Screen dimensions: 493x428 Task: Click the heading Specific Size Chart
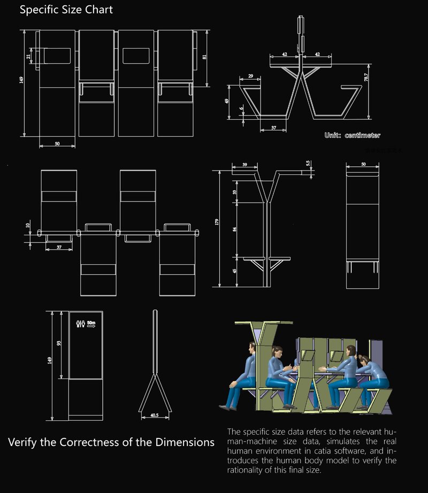click(x=66, y=10)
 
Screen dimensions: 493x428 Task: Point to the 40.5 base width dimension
click(x=154, y=414)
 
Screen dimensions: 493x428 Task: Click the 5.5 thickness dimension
click(x=308, y=164)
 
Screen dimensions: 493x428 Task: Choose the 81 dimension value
click(x=205, y=57)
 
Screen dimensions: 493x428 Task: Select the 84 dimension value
click(x=234, y=229)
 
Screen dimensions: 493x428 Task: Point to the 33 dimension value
click(x=234, y=191)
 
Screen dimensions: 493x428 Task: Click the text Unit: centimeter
click(x=352, y=136)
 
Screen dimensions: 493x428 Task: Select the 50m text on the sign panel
click(x=91, y=322)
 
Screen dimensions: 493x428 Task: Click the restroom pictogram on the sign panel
click(x=81, y=323)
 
